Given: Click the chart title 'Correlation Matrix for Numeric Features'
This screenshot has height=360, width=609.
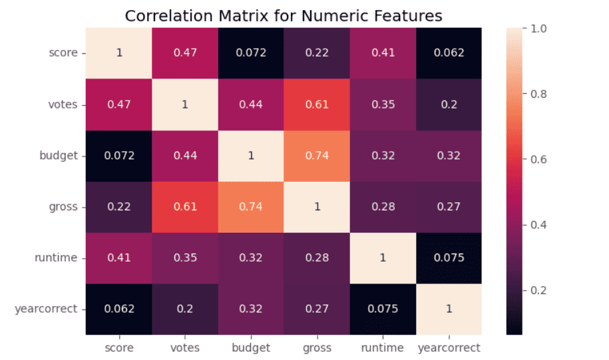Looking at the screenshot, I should coord(283,15).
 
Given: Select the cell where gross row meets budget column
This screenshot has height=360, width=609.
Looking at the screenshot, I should coord(252,206).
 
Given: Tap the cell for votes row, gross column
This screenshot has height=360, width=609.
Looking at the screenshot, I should coord(317,104).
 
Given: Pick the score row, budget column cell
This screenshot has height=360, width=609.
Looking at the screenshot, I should coord(252,53).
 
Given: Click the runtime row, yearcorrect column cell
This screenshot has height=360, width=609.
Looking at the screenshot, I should coord(449,258).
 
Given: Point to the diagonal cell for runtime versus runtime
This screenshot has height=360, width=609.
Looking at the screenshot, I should coord(383,258).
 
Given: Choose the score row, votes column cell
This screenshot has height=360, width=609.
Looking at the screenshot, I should coord(186,53).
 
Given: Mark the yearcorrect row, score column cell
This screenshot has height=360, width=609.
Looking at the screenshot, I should coord(120,309).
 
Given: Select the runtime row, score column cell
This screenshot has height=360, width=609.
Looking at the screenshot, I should coord(120,258).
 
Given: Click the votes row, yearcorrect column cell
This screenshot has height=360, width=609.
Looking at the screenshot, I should coord(449,104).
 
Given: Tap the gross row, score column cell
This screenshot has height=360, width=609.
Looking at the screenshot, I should coord(120,206).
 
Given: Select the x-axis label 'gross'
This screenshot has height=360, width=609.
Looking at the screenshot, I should coord(317,347).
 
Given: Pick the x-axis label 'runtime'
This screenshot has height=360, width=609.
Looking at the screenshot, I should coord(383,347).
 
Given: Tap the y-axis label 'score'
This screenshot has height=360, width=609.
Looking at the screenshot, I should coord(65,53).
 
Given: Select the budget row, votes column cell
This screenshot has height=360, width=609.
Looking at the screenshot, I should coord(186,155).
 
